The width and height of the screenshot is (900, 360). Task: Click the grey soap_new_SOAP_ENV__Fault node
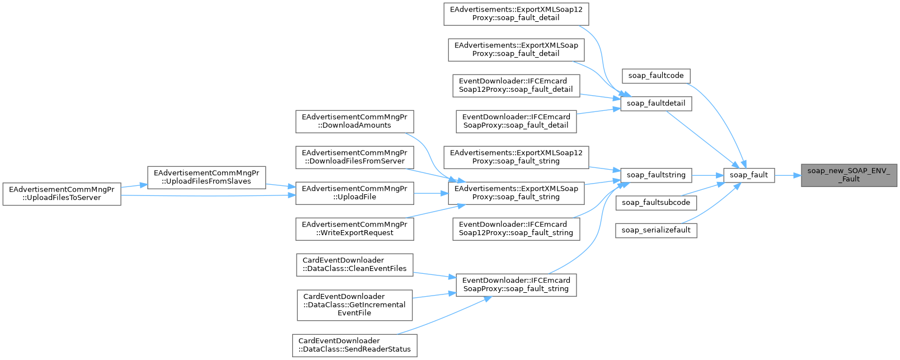(849, 175)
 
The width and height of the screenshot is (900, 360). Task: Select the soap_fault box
(749, 175)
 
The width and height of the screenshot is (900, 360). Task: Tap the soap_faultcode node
(655, 76)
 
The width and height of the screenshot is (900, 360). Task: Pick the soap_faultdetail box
(655, 103)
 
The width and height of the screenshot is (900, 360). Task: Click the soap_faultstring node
(655, 175)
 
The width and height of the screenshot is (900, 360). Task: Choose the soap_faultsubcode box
(655, 202)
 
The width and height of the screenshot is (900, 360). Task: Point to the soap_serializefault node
(655, 230)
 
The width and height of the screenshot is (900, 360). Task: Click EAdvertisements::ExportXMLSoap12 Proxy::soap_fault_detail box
(516, 13)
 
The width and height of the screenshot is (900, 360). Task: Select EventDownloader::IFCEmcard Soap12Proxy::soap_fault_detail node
(516, 85)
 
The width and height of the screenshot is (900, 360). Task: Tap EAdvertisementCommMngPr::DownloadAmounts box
(354, 121)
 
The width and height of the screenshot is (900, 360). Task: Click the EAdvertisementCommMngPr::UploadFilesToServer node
(62, 194)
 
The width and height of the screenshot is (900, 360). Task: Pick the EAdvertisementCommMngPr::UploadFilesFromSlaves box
(206, 177)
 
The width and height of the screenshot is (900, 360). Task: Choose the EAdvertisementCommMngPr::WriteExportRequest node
(354, 228)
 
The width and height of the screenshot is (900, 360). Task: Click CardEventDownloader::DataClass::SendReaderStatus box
(354, 345)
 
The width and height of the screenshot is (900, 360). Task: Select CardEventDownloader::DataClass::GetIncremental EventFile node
(354, 305)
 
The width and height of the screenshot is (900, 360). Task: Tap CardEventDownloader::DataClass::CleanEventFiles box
(354, 264)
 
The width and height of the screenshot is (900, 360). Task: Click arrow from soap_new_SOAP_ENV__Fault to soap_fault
(788, 175)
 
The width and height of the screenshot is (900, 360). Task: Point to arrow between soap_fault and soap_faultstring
(707, 175)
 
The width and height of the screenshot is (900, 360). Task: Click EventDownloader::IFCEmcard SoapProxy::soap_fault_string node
(516, 284)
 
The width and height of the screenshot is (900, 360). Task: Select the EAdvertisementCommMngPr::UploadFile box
(354, 193)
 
